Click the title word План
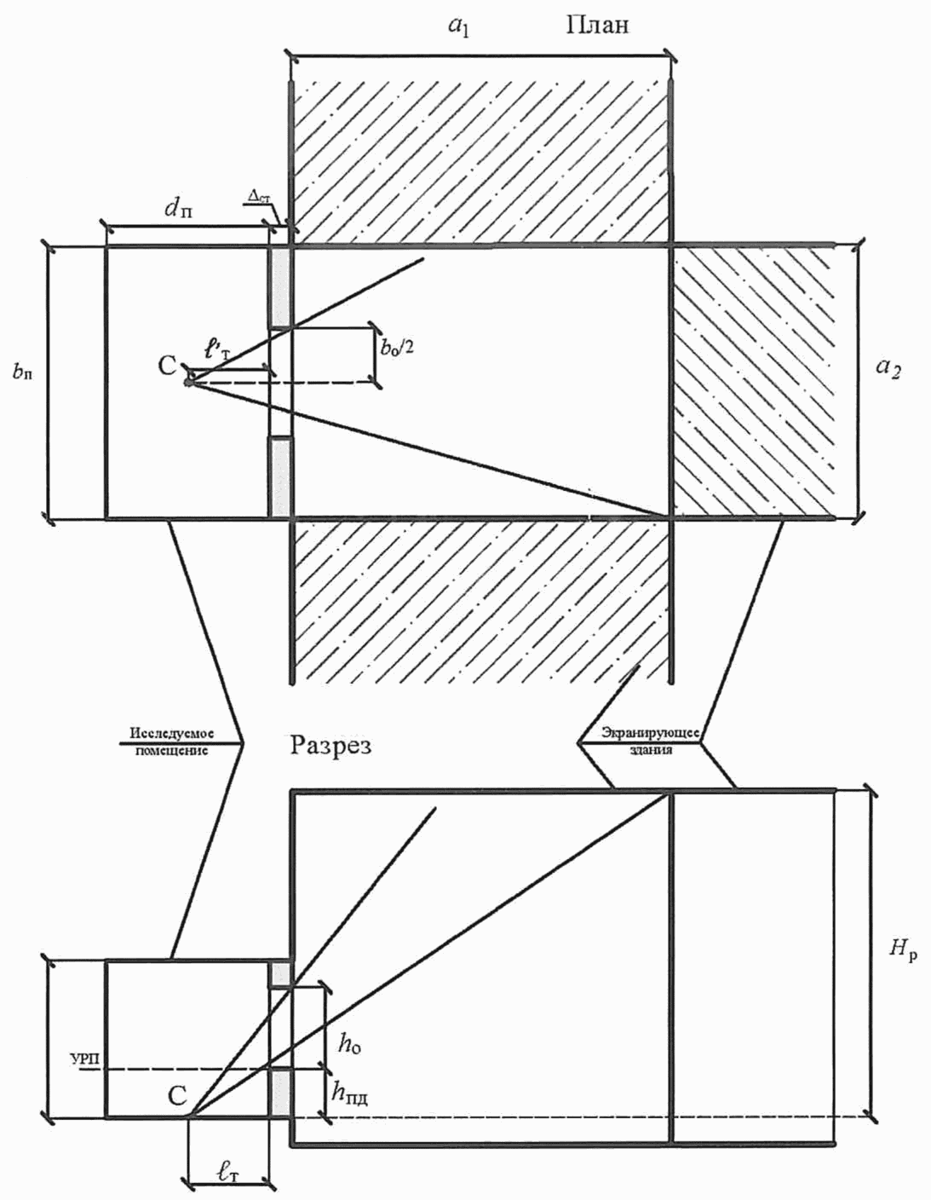(x=598, y=26)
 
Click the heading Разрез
(x=331, y=746)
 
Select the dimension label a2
(x=888, y=368)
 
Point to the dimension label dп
(x=180, y=208)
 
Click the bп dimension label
(x=22, y=372)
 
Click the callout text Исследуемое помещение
(x=171, y=741)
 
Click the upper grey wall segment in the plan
(x=281, y=286)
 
